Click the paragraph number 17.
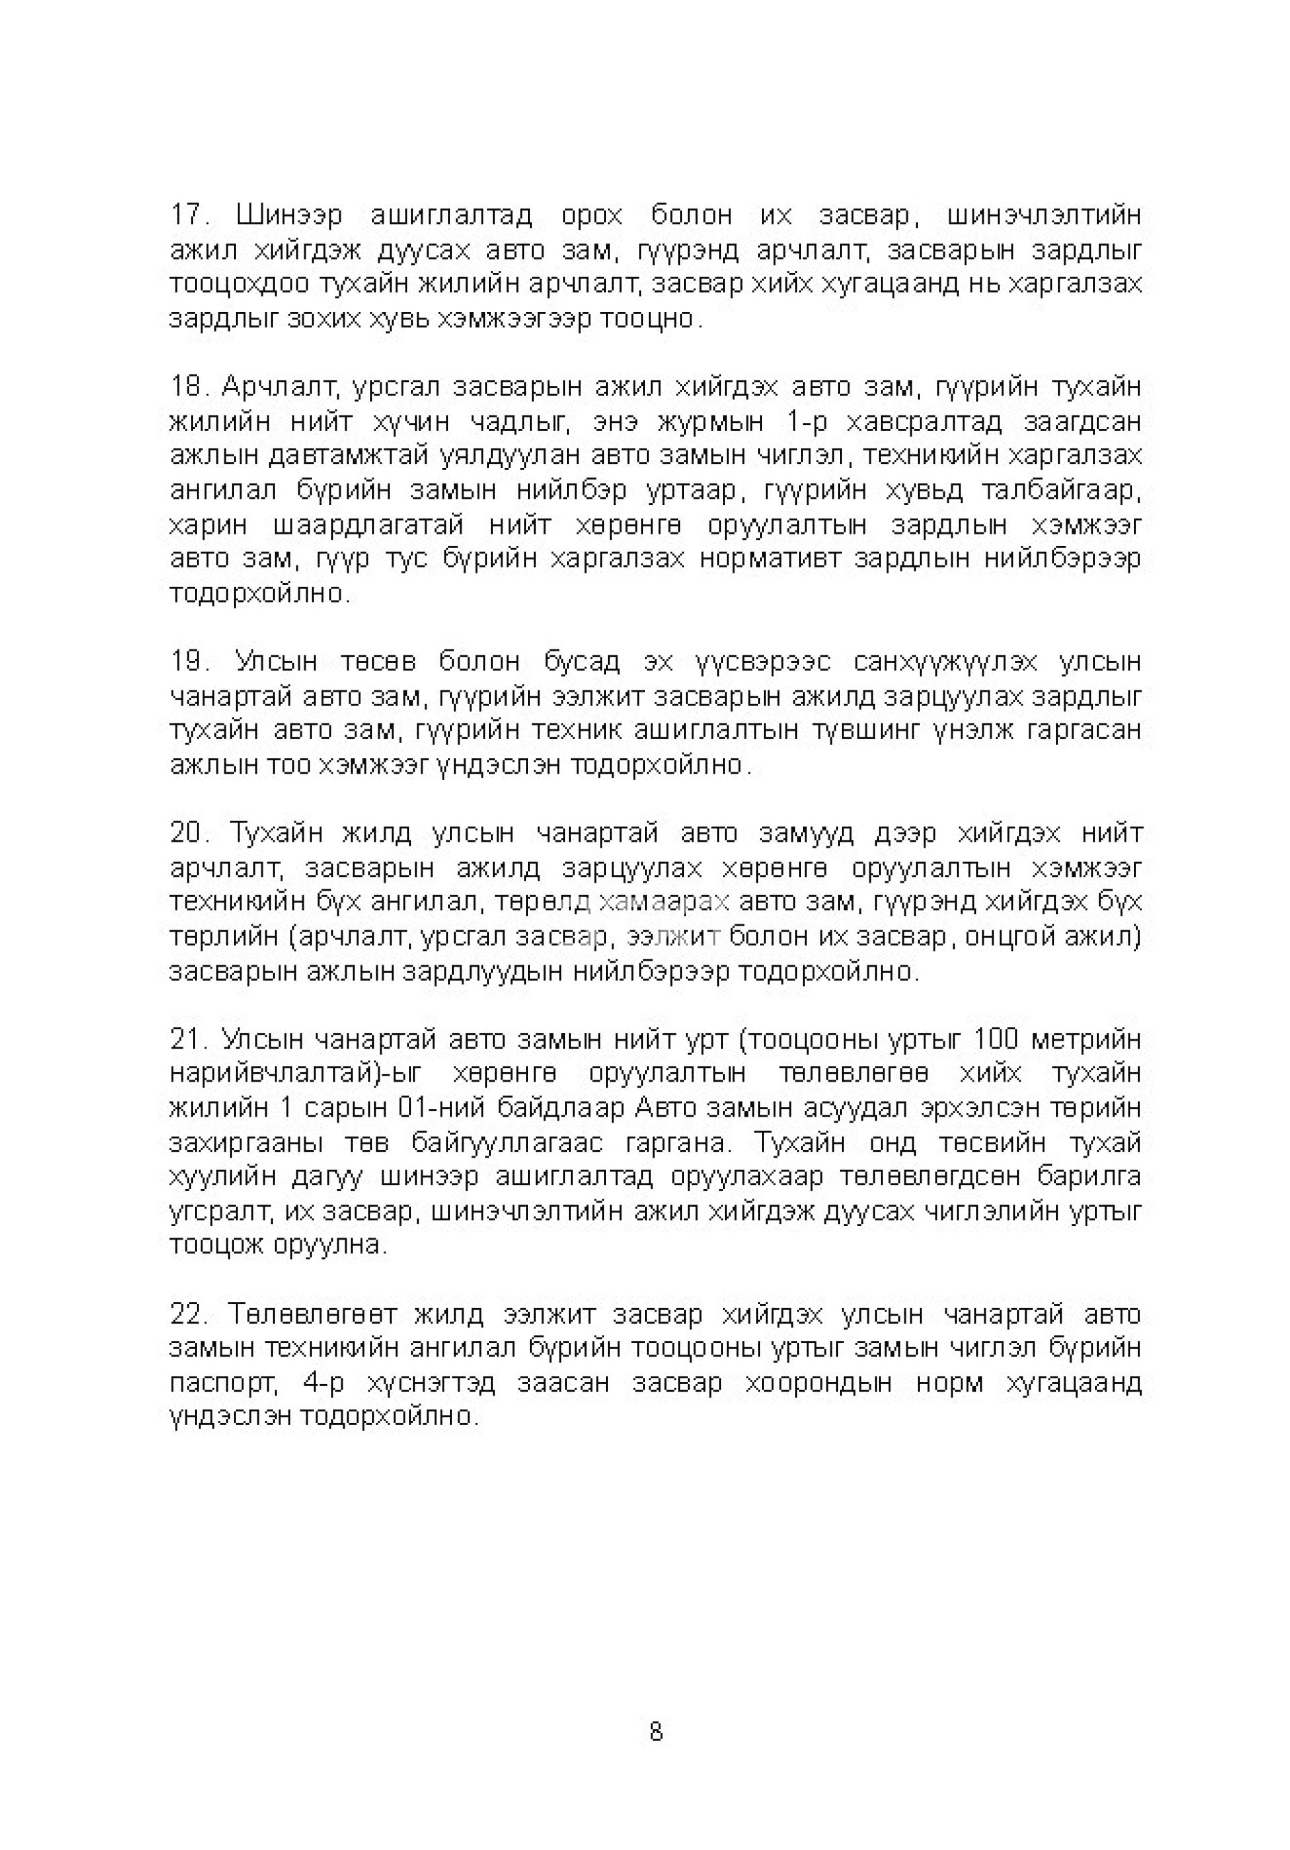pyautogui.click(x=188, y=216)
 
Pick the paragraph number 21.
pyautogui.click(x=188, y=1039)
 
